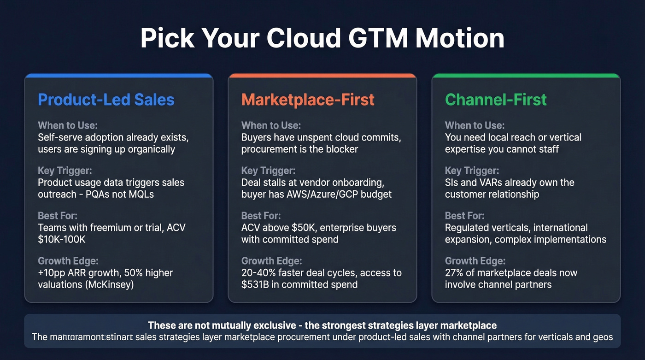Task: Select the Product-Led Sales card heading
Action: click(106, 100)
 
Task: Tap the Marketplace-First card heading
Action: click(308, 100)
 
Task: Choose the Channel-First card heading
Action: click(496, 100)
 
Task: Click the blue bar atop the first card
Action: click(119, 76)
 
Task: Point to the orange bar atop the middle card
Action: click(322, 76)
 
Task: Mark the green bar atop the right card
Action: click(526, 76)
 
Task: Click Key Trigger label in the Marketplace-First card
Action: click(268, 171)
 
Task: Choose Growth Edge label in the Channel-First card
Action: click(475, 261)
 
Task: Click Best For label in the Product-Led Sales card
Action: click(58, 216)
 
